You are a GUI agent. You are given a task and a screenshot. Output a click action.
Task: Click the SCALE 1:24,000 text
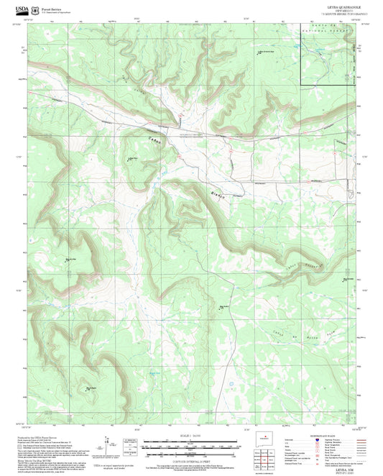(190, 436)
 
